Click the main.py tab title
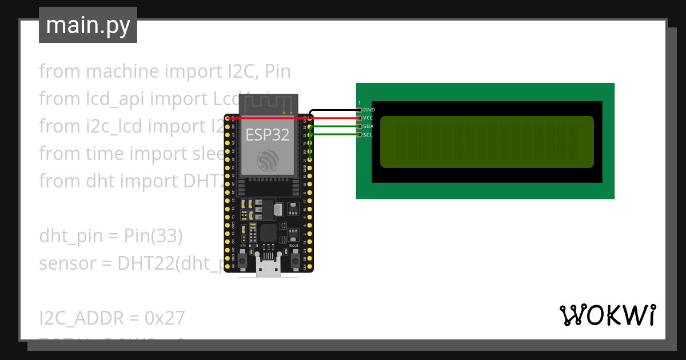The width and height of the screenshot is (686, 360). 87,26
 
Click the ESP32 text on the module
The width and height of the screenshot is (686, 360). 267,135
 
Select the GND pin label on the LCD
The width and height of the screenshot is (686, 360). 369,109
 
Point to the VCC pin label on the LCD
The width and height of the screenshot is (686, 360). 368,118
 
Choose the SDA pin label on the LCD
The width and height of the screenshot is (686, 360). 368,126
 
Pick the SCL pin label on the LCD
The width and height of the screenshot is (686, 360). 368,135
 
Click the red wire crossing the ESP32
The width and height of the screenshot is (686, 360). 269,118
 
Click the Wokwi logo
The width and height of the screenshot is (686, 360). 607,315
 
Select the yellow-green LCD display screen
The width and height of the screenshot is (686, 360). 486,142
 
